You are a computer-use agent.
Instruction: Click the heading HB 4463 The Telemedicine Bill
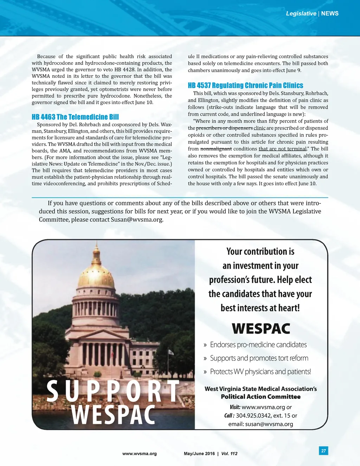click(75, 117)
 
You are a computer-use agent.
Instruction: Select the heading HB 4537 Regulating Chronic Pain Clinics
click(245, 85)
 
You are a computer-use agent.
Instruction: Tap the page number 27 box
click(323, 451)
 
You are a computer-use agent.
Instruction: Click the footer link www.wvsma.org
click(140, 454)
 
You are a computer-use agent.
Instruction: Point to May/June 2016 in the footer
click(199, 454)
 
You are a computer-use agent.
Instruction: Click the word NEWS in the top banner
click(330, 13)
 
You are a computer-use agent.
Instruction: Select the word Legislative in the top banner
click(301, 13)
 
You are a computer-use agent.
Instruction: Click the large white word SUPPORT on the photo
click(113, 391)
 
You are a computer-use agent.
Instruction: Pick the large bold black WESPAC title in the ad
click(261, 329)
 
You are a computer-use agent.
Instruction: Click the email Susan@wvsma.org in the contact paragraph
click(137, 220)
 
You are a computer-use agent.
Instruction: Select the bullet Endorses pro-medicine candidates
click(258, 345)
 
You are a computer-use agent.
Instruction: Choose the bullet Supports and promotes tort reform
click(259, 358)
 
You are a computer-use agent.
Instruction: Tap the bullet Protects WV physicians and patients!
click(260, 372)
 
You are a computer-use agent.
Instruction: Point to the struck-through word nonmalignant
click(216, 149)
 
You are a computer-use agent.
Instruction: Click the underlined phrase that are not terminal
click(282, 149)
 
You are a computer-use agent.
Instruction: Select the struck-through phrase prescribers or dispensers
click(224, 128)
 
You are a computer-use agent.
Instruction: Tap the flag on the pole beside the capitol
click(171, 352)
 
